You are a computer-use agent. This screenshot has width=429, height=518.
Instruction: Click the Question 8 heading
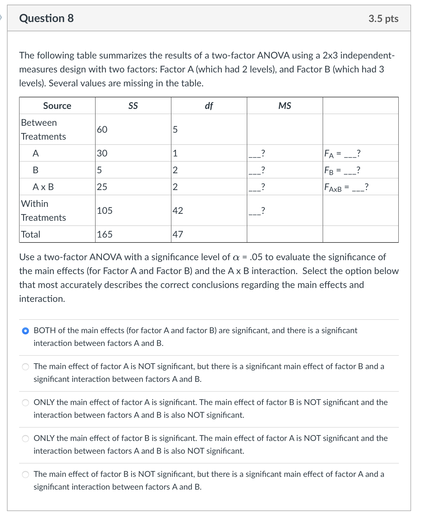pyautogui.click(x=46, y=18)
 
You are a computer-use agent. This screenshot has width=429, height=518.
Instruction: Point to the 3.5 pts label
pyautogui.click(x=383, y=19)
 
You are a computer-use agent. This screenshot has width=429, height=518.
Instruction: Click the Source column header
pyautogui.click(x=57, y=106)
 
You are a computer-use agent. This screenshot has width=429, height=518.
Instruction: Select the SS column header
pyautogui.click(x=133, y=106)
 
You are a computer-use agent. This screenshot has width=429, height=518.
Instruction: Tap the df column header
pyautogui.click(x=209, y=106)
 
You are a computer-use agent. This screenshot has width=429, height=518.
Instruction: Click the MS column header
pyautogui.click(x=285, y=106)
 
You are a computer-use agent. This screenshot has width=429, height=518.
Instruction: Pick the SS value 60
pyautogui.click(x=102, y=129)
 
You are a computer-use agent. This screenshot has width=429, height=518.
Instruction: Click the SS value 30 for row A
pyautogui.click(x=102, y=153)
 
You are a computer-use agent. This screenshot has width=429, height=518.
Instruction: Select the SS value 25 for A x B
pyautogui.click(x=102, y=187)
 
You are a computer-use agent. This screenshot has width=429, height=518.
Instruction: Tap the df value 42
pyautogui.click(x=178, y=211)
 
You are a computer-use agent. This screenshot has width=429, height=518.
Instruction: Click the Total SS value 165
pyautogui.click(x=105, y=234)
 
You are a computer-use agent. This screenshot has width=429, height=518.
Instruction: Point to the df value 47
pyautogui.click(x=178, y=234)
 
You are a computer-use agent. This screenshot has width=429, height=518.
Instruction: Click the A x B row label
pyautogui.click(x=43, y=187)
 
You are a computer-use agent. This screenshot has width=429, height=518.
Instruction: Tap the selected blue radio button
pyautogui.click(x=25, y=331)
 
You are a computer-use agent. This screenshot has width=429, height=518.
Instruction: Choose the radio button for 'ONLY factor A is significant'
pyautogui.click(x=25, y=403)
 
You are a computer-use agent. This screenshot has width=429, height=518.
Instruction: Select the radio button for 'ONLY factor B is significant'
pyautogui.click(x=25, y=439)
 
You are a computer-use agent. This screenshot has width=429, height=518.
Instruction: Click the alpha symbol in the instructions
pyautogui.click(x=236, y=257)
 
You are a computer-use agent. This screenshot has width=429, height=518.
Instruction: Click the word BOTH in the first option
pyautogui.click(x=45, y=331)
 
